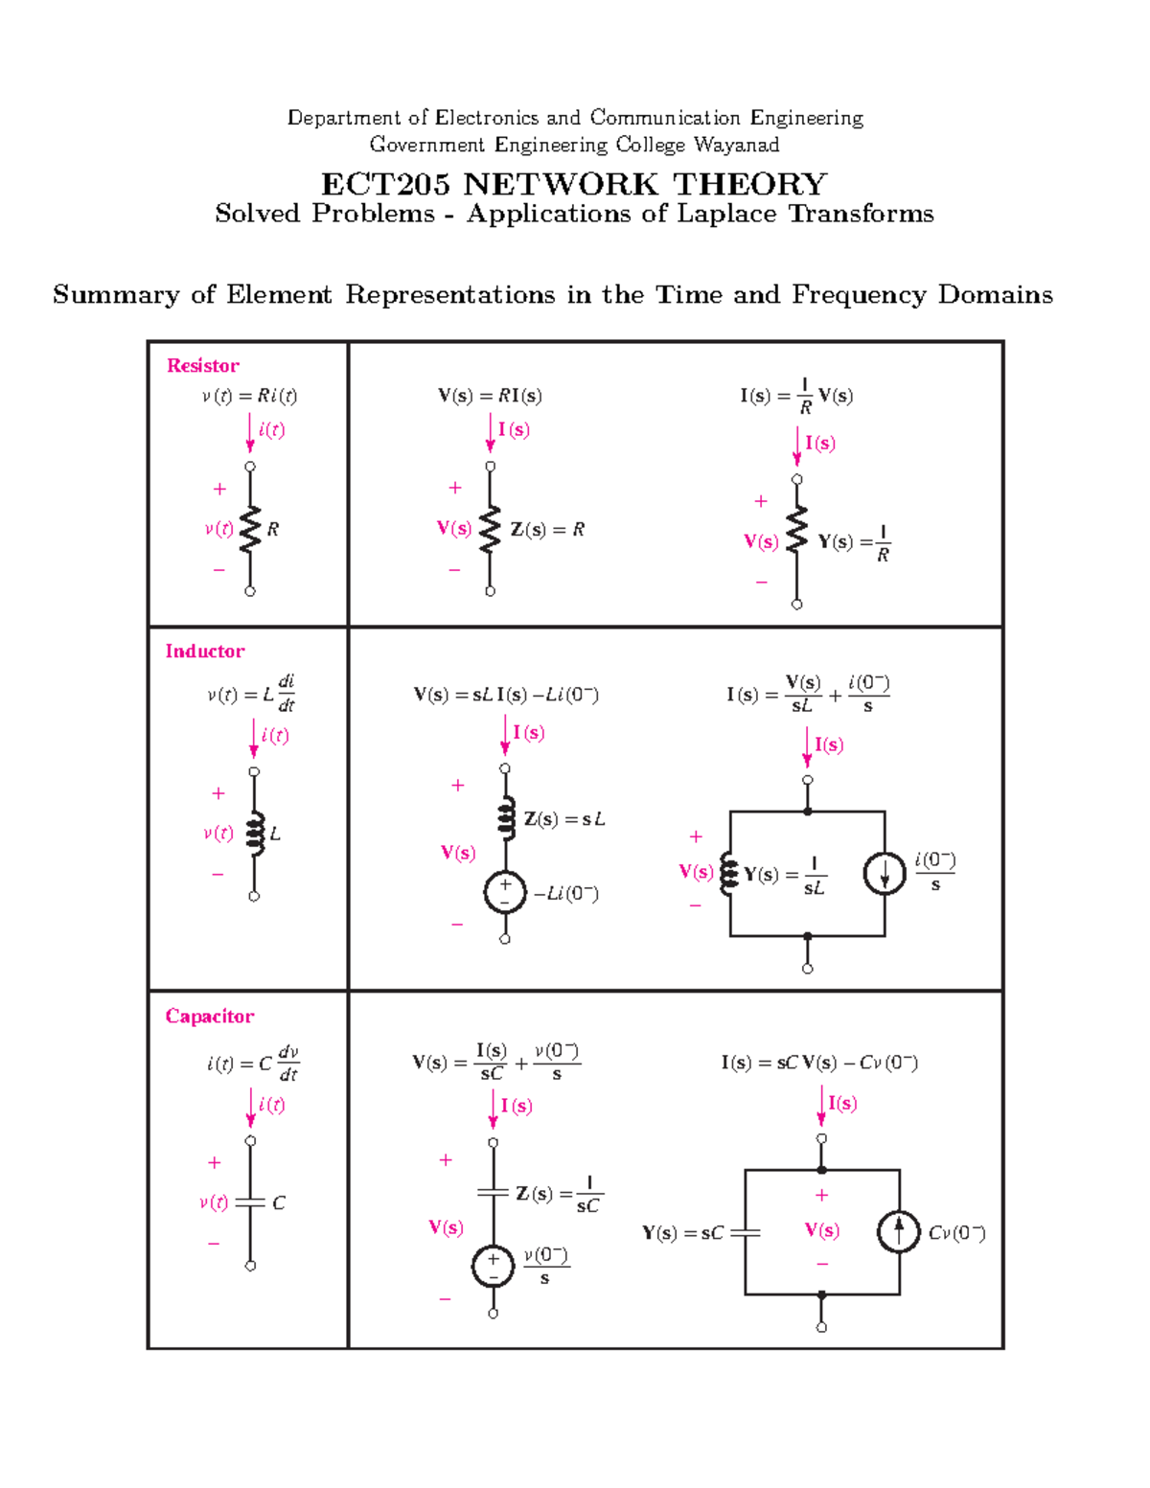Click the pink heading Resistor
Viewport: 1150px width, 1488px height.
(x=202, y=365)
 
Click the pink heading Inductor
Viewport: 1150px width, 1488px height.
(x=204, y=651)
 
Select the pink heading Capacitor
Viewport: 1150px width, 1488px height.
(x=209, y=1016)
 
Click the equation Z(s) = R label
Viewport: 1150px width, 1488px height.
(x=547, y=529)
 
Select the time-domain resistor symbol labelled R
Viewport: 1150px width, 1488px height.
(x=250, y=529)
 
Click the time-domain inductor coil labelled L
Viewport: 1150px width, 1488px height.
(x=254, y=834)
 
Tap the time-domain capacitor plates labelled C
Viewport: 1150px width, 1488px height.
(x=250, y=1202)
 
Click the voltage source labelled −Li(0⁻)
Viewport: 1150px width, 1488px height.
(x=505, y=893)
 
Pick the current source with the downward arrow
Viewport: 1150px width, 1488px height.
(x=884, y=874)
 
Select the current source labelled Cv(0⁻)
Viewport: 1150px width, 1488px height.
(x=899, y=1232)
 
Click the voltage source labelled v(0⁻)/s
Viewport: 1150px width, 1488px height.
(x=493, y=1267)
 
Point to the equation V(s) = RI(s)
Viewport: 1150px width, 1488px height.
(x=490, y=396)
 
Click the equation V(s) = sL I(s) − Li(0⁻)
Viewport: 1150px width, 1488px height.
(x=506, y=695)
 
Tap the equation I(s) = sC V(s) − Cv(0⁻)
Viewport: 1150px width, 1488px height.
(x=819, y=1063)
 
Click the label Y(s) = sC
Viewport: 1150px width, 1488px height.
(x=682, y=1233)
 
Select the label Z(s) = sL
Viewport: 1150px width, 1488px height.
(x=564, y=819)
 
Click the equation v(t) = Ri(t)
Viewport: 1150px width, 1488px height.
(x=249, y=396)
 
